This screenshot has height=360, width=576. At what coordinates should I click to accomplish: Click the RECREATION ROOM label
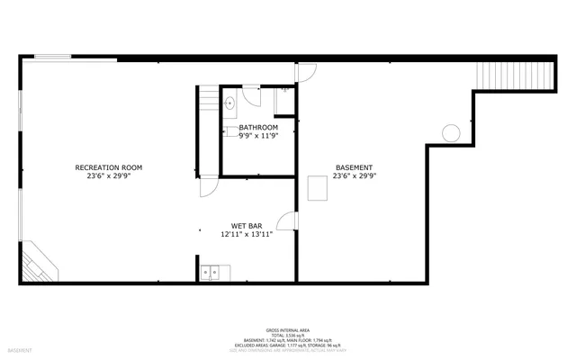tap(109, 167)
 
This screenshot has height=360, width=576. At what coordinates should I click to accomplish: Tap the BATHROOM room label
tap(258, 128)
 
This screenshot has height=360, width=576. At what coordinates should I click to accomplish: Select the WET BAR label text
tap(246, 225)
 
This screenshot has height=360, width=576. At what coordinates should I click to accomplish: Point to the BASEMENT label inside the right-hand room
tap(354, 167)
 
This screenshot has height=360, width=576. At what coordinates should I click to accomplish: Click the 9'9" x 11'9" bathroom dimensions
tap(258, 137)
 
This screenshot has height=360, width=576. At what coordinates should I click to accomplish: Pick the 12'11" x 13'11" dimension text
tap(246, 234)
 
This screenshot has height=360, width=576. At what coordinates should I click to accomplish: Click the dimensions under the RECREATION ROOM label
tap(109, 176)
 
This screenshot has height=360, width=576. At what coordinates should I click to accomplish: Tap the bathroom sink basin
tap(229, 102)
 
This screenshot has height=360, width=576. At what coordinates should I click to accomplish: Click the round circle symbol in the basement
tap(450, 133)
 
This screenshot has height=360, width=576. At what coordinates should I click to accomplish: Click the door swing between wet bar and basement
tap(287, 221)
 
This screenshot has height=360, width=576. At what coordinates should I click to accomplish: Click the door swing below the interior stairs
tap(207, 185)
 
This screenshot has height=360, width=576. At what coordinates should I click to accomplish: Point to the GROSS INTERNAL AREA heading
tap(287, 330)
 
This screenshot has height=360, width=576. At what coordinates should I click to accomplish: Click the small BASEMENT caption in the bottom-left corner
tap(20, 349)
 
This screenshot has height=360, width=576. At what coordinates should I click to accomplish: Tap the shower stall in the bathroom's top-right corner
tap(284, 99)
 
